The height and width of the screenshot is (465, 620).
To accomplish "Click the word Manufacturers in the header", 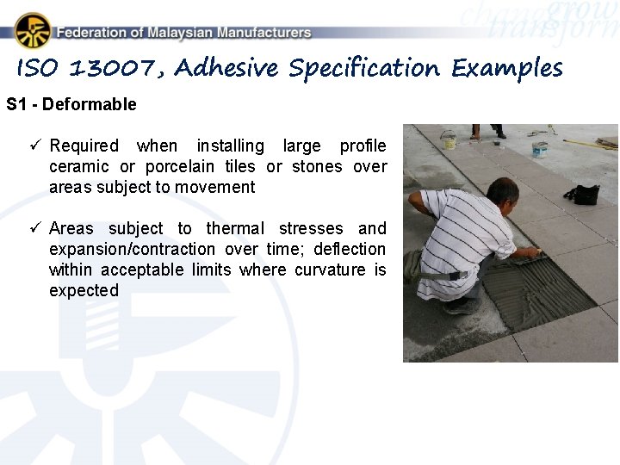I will click(x=263, y=33).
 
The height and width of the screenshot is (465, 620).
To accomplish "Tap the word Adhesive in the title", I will click(x=227, y=68).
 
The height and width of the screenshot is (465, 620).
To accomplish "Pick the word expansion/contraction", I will click(x=133, y=249).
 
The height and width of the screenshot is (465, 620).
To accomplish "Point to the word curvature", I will click(x=330, y=270).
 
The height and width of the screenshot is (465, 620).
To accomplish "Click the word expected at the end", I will click(x=84, y=290).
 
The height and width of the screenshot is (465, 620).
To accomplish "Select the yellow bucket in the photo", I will click(x=448, y=139).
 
